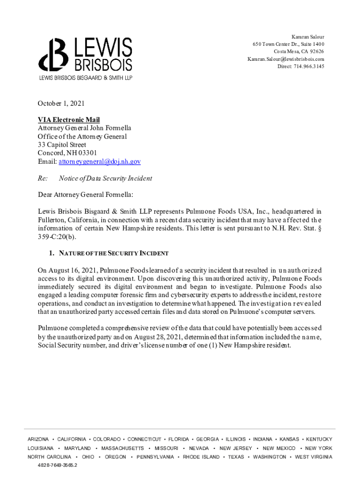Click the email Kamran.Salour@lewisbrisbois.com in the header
click(x=286, y=59)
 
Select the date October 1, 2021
click(x=61, y=103)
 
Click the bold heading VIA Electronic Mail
click(x=69, y=120)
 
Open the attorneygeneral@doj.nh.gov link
click(x=100, y=161)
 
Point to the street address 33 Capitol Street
click(x=62, y=145)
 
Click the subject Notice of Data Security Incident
click(x=105, y=178)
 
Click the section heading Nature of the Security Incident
click(x=114, y=253)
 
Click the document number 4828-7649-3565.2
click(x=58, y=465)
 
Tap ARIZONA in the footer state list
click(x=38, y=439)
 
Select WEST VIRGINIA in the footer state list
click(x=314, y=457)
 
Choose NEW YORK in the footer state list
click(x=319, y=448)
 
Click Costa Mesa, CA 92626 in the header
click(x=299, y=51)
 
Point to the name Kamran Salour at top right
click(x=308, y=36)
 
